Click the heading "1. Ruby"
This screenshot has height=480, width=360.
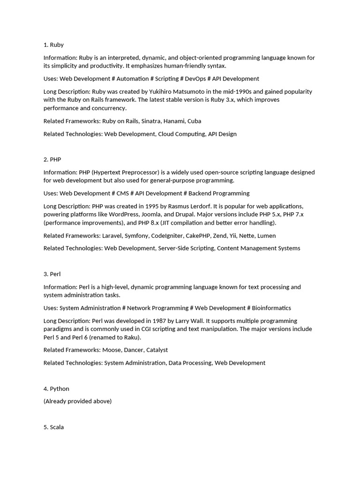pyautogui.click(x=53, y=45)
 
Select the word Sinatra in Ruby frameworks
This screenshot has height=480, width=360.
pyautogui.click(x=151, y=121)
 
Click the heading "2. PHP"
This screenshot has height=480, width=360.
pyautogui.click(x=52, y=159)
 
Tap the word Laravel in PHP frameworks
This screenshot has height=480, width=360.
pyautogui.click(x=112, y=236)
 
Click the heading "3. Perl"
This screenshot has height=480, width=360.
pyautogui.click(x=52, y=274)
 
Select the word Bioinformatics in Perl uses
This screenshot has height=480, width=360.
pyautogui.click(x=271, y=308)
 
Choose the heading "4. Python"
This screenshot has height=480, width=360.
pyautogui.click(x=56, y=389)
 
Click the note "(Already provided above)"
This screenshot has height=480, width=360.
pyautogui.click(x=77, y=401)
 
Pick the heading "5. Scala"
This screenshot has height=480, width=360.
pyautogui.click(x=53, y=427)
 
